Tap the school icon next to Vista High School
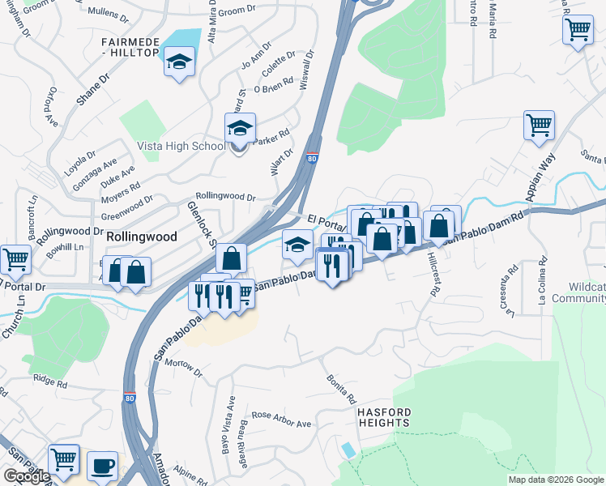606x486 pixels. [x=240, y=130]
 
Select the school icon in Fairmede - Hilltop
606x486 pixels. [x=179, y=61]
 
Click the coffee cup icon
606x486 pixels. [x=102, y=467]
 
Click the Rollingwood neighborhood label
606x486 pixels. [x=142, y=236]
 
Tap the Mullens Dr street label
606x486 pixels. [x=106, y=14]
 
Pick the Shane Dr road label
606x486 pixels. [x=91, y=91]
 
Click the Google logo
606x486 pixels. [x=27, y=476]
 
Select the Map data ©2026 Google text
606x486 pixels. [x=556, y=480]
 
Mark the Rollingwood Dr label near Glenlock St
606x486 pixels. [x=226, y=197]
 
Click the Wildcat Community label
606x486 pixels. [x=578, y=292]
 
